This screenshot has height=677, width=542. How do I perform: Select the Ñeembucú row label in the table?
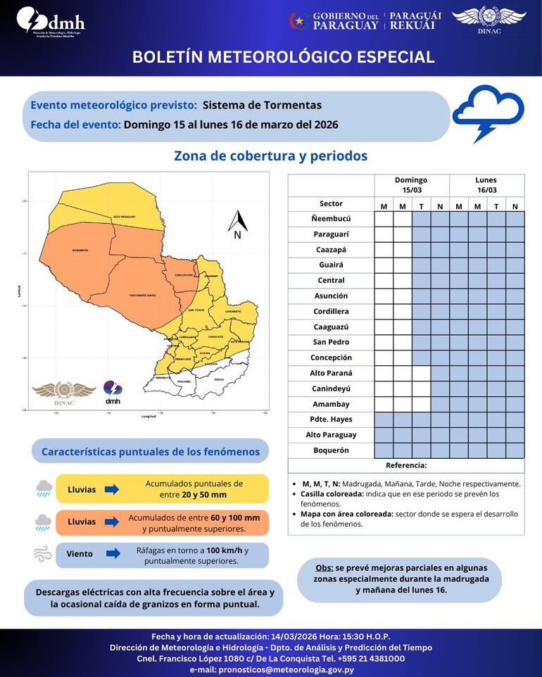click(x=331, y=219)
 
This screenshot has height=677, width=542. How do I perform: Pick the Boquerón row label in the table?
click(x=331, y=450)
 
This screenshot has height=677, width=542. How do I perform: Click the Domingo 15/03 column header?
click(x=411, y=185)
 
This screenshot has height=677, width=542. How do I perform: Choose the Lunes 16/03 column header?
click(x=486, y=185)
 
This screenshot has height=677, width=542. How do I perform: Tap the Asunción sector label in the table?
click(x=331, y=296)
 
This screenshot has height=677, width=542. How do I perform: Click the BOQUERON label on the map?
click(x=80, y=250)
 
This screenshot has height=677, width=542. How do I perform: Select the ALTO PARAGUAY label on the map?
click(x=124, y=217)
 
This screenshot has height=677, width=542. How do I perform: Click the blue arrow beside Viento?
click(x=112, y=554)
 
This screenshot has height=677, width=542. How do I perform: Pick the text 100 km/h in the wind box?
click(x=224, y=549)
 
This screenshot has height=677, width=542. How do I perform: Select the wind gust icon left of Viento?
click(x=43, y=554)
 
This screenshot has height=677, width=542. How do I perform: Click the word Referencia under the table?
click(x=406, y=465)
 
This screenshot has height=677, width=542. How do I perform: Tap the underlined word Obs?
click(x=324, y=567)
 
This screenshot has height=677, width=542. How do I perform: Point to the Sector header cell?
click(x=331, y=203)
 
